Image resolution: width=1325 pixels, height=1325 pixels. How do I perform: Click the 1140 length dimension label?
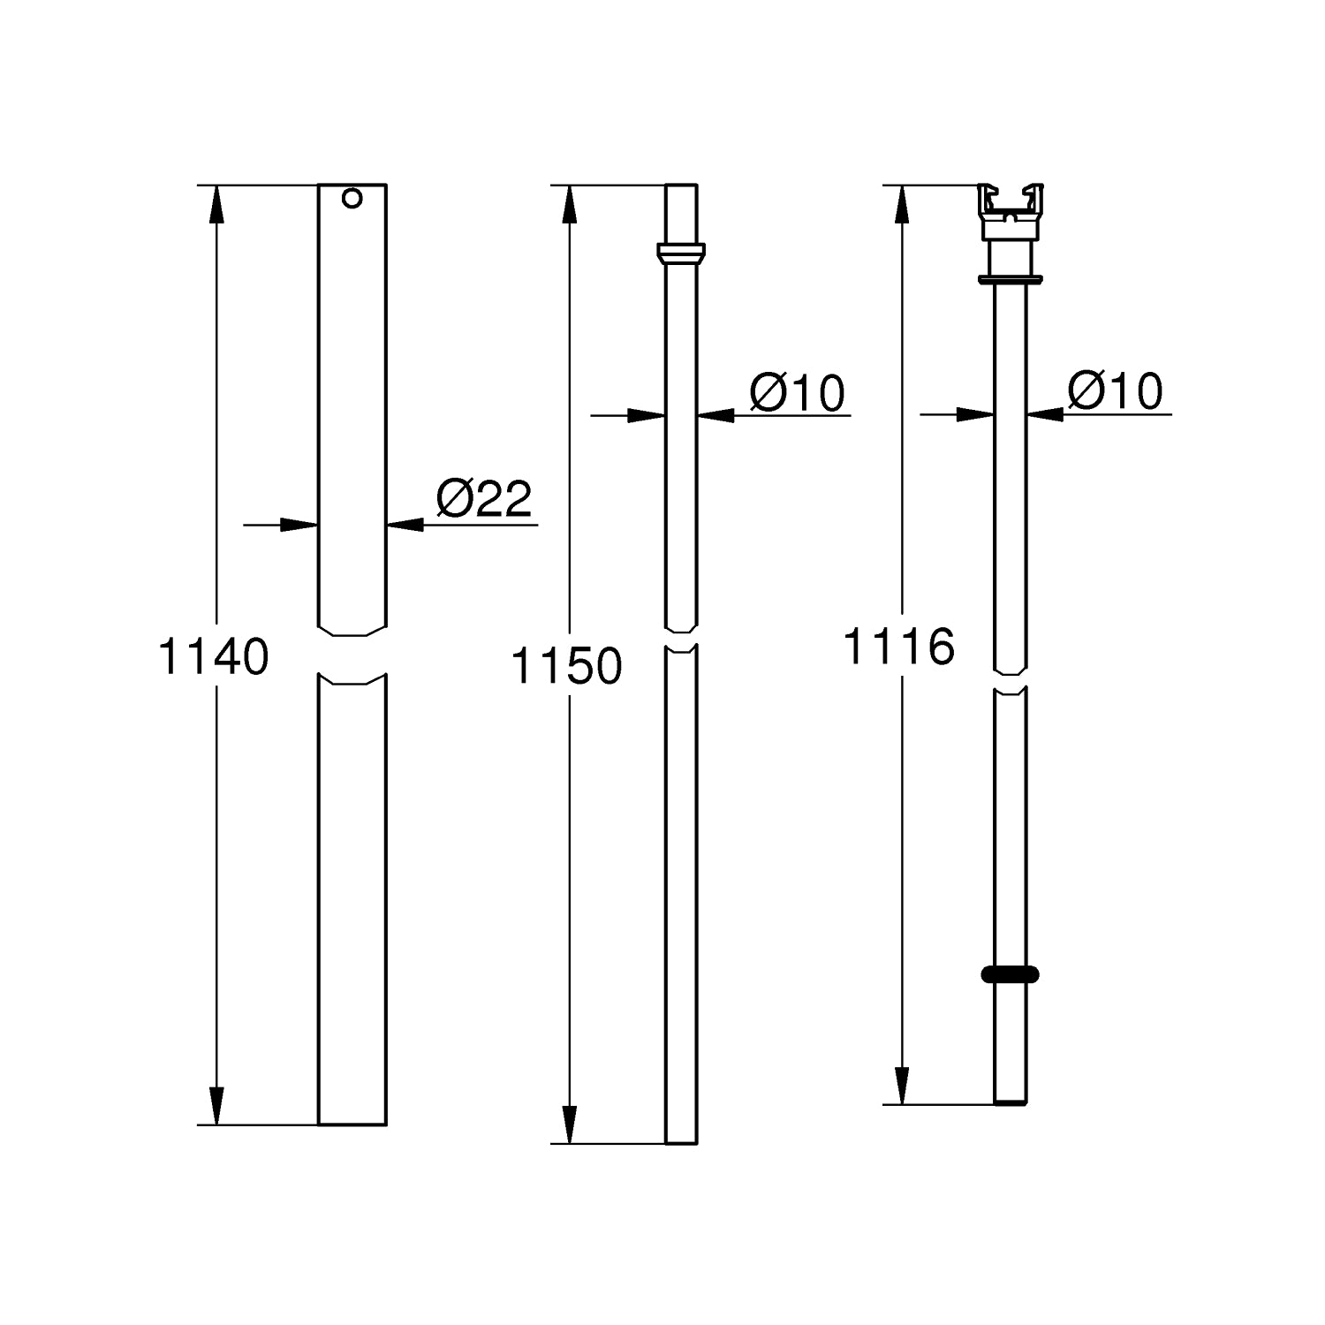point(213,657)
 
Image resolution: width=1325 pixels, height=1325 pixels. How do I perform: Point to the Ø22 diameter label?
point(484,500)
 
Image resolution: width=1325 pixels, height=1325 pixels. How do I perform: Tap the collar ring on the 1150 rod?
point(681,253)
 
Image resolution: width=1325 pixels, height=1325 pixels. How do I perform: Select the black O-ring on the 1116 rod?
point(1010,974)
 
